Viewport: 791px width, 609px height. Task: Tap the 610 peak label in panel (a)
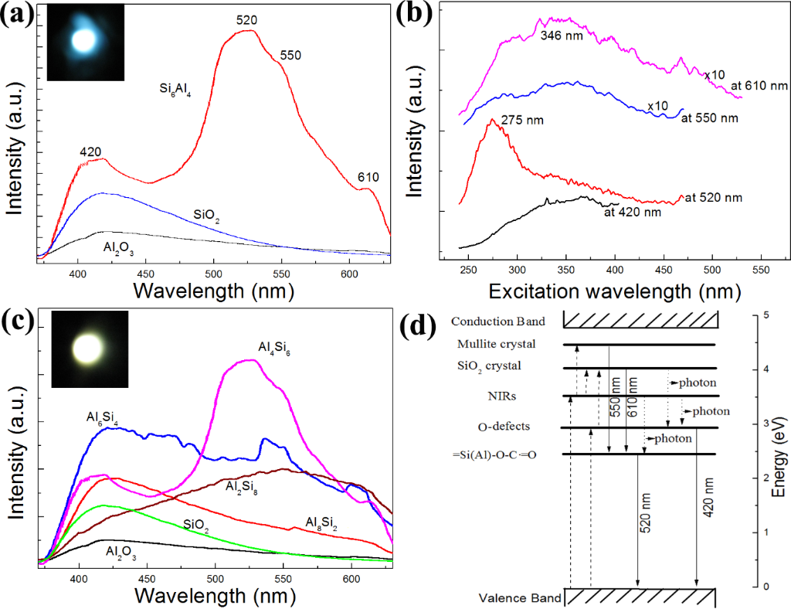click(x=368, y=178)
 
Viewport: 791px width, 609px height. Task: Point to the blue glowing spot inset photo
click(x=86, y=41)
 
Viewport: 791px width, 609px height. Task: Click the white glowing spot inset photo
click(x=90, y=349)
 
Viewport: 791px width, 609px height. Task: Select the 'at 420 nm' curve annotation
click(x=633, y=211)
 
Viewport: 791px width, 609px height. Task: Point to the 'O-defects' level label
click(x=503, y=427)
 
